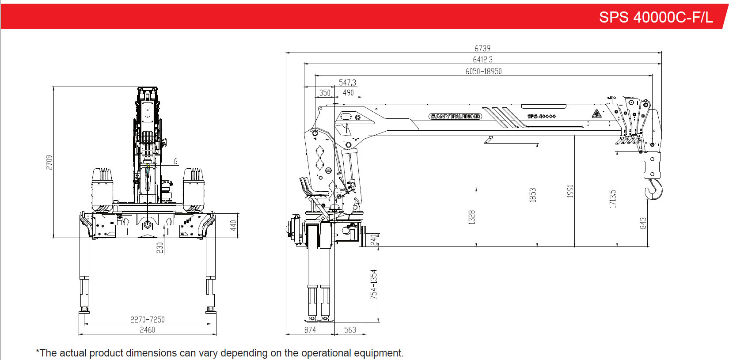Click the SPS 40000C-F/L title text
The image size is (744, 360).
(656, 17)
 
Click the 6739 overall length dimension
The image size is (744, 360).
(482, 49)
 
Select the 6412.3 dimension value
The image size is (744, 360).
(482, 60)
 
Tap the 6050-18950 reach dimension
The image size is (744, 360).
(483, 72)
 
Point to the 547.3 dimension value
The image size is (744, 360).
(347, 83)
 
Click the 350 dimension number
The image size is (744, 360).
(325, 93)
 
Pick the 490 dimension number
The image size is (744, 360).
(348, 93)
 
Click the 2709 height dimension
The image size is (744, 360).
(49, 162)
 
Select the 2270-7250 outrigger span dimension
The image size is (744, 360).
(147, 319)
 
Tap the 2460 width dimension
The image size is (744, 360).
(147, 330)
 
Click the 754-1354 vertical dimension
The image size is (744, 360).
(374, 284)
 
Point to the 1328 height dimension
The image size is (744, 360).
(471, 217)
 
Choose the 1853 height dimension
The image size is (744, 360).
(532, 195)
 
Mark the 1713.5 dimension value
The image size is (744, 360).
(612, 199)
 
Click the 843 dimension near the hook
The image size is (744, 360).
(643, 223)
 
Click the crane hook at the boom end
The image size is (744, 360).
(654, 189)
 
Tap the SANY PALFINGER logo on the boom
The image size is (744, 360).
(455, 117)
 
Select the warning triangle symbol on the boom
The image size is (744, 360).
(596, 114)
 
